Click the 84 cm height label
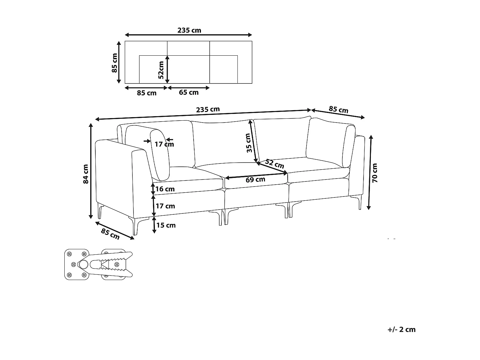[86, 174]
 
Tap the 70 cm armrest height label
[375, 173]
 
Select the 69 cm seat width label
[255, 180]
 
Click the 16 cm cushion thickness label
[165, 189]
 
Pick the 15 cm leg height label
[166, 225]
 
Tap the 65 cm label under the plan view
[189, 92]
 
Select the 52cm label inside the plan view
[161, 70]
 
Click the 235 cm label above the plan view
[189, 30]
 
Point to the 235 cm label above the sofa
[208, 109]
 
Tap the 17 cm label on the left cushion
[164, 144]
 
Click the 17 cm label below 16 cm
[165, 206]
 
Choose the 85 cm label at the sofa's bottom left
[110, 234]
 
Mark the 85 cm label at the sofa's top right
[339, 109]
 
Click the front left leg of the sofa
[136, 226]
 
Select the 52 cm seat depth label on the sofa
[274, 164]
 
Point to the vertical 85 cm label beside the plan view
[114, 63]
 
